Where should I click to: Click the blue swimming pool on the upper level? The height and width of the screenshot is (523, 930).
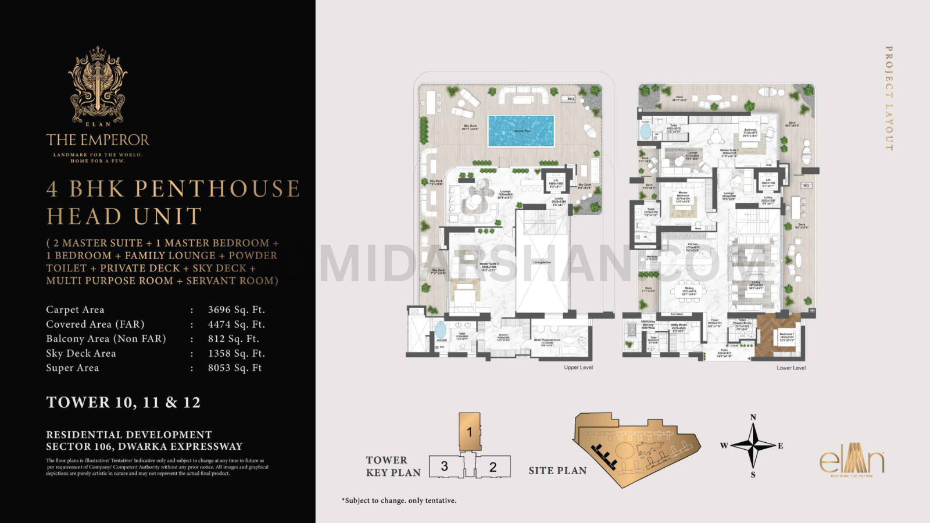(x=521, y=131)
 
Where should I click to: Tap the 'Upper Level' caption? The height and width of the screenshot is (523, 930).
(x=578, y=367)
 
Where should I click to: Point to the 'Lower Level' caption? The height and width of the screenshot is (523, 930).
(x=791, y=368)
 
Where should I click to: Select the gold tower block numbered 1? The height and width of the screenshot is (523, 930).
(x=470, y=431)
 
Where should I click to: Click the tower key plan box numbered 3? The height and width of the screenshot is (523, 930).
(x=445, y=466)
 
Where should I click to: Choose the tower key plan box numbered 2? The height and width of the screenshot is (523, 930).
(x=493, y=467)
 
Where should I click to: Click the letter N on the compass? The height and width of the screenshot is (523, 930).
(x=753, y=417)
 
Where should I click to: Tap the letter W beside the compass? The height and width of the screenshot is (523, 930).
(x=724, y=446)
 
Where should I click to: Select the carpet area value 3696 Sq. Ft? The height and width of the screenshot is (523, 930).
(x=236, y=310)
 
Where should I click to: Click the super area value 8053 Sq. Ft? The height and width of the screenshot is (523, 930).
(x=235, y=368)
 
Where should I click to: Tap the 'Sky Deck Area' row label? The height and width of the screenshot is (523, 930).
(x=81, y=353)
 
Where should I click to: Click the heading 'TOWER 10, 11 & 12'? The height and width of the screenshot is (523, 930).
(x=123, y=402)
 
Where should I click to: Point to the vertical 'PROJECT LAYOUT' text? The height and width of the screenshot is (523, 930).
(x=889, y=99)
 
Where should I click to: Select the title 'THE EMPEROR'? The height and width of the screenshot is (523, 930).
(x=98, y=140)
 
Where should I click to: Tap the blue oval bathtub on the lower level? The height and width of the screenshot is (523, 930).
(x=646, y=131)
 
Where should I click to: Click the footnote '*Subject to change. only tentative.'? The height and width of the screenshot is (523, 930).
(x=399, y=500)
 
